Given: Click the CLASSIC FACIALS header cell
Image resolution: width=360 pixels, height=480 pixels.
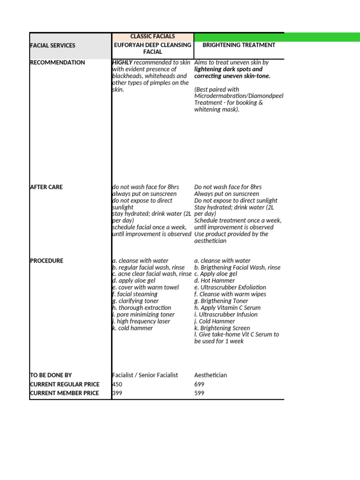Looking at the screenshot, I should click(153, 37).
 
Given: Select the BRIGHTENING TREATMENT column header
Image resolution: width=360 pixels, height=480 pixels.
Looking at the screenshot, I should click(239, 45).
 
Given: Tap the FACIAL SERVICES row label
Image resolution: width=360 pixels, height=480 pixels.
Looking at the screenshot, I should click(52, 45).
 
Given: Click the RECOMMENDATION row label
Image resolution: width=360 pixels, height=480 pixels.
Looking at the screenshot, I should click(58, 62).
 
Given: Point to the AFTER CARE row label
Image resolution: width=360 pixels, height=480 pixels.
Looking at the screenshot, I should click(46, 187).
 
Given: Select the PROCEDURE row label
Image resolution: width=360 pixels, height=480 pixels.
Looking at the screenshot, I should click(46, 261).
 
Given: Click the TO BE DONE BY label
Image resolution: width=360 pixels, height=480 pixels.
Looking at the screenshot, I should click(51, 375).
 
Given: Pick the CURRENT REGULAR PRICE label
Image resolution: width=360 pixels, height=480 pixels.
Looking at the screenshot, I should click(65, 384).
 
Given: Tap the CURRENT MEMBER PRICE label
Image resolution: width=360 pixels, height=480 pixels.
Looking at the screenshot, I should click(64, 393).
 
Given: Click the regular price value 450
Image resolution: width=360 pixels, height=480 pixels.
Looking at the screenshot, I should click(118, 384).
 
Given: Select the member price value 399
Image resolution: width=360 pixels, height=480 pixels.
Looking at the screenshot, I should click(118, 393).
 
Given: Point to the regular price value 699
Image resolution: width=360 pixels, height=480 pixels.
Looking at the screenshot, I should click(200, 384).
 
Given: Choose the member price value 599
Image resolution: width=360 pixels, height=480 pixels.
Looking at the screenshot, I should click(200, 393).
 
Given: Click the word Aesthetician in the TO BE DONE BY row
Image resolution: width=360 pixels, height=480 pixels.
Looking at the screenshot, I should click(210, 375).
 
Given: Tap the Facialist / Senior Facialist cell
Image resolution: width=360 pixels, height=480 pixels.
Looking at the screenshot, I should click(145, 375).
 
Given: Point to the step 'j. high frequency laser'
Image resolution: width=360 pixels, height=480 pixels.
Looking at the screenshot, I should click(141, 322).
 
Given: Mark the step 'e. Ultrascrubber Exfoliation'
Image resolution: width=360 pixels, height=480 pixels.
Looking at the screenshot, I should click(230, 287).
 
